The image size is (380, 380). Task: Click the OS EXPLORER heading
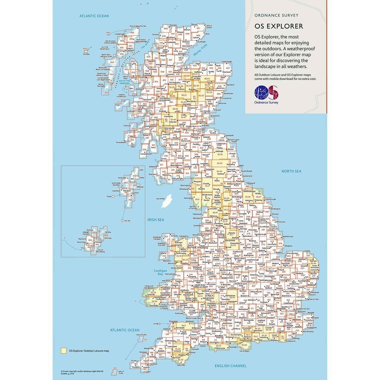coord(278,26)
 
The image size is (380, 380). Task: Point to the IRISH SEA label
coord(155,220)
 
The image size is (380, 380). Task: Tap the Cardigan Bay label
coord(160,273)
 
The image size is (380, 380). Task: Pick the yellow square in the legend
coord(64,350)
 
